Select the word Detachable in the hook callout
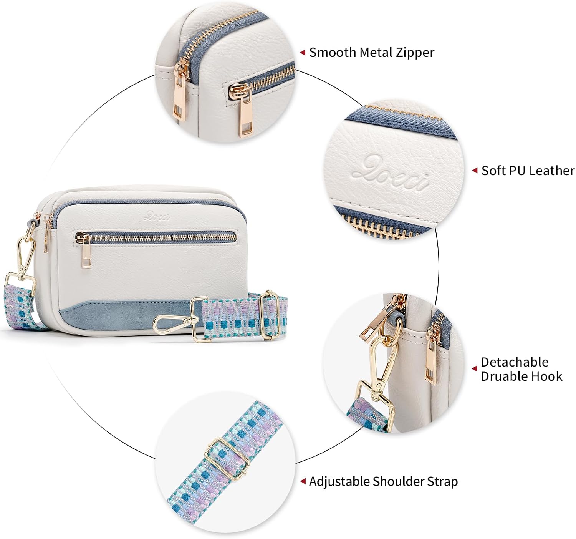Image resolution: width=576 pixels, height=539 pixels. [514, 362]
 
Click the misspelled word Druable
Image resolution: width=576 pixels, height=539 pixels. [503, 376]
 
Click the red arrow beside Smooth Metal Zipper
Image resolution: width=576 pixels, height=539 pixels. [303, 52]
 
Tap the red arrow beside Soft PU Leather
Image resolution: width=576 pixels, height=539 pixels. [475, 170]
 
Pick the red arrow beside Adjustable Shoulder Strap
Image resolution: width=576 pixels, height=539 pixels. [303, 481]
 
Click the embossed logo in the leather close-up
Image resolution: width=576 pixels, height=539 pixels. [390, 174]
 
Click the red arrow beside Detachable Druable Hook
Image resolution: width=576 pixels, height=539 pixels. [475, 369]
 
